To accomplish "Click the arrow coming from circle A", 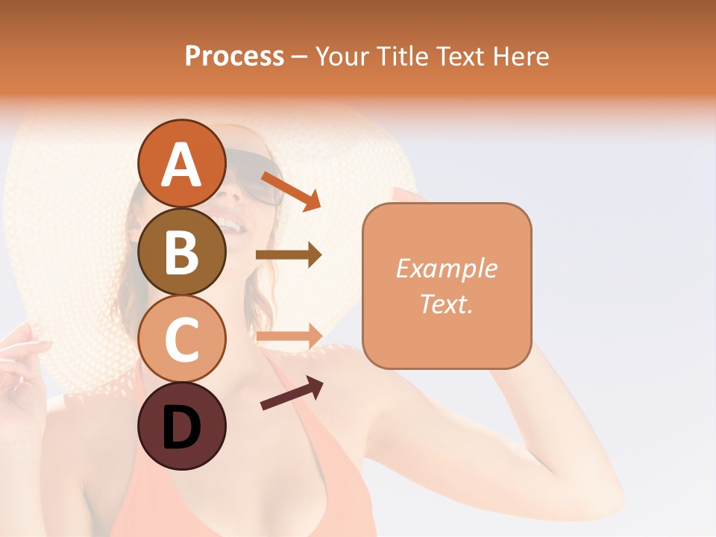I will click(291, 191).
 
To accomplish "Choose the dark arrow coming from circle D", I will click(292, 394).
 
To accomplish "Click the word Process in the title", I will click(234, 56).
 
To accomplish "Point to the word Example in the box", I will click(446, 268).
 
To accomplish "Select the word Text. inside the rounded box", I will click(446, 304).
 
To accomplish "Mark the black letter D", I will click(181, 427).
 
